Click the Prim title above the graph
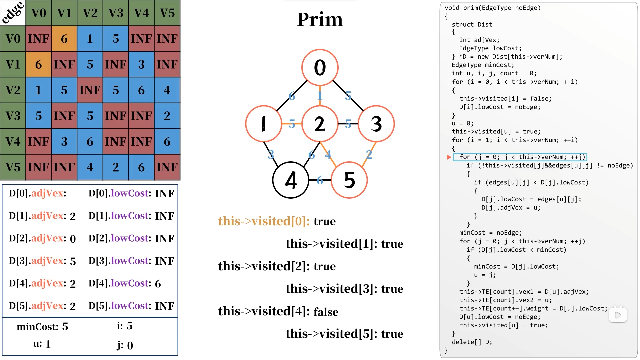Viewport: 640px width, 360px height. pos(320,19)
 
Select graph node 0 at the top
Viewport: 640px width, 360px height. pos(320,68)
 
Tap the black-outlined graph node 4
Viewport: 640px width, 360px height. pos(291,180)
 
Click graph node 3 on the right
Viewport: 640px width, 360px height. pos(376,124)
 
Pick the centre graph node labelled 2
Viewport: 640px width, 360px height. pos(320,124)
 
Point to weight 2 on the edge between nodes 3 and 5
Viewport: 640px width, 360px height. pos(369,154)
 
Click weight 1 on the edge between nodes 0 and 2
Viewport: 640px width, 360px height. pos(320,96)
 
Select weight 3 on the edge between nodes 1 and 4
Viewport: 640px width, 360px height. pos(271,154)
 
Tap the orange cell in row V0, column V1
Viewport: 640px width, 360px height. pos(64,39)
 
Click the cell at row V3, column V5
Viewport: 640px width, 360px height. pos(167,116)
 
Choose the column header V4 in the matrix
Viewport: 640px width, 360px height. pos(141,13)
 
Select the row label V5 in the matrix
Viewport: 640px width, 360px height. pos(13,167)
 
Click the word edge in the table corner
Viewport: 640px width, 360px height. pos(13,13)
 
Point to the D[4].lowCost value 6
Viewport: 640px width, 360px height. pos(158,284)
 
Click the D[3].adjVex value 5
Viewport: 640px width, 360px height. pos(73,261)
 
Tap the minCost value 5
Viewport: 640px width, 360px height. pos(65,327)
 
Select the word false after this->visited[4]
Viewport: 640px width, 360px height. pos(326,312)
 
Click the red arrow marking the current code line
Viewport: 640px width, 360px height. pos(449,157)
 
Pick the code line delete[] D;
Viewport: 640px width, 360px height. pos(472,342)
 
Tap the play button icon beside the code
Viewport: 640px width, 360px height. pos(618,315)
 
